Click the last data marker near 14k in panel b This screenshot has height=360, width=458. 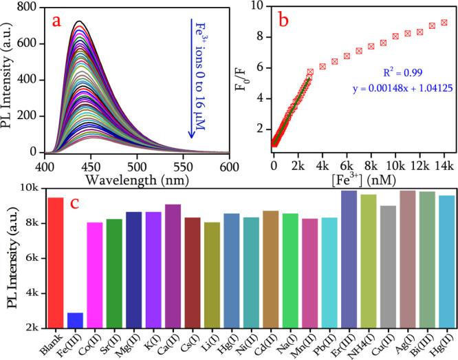(x=444, y=22)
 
